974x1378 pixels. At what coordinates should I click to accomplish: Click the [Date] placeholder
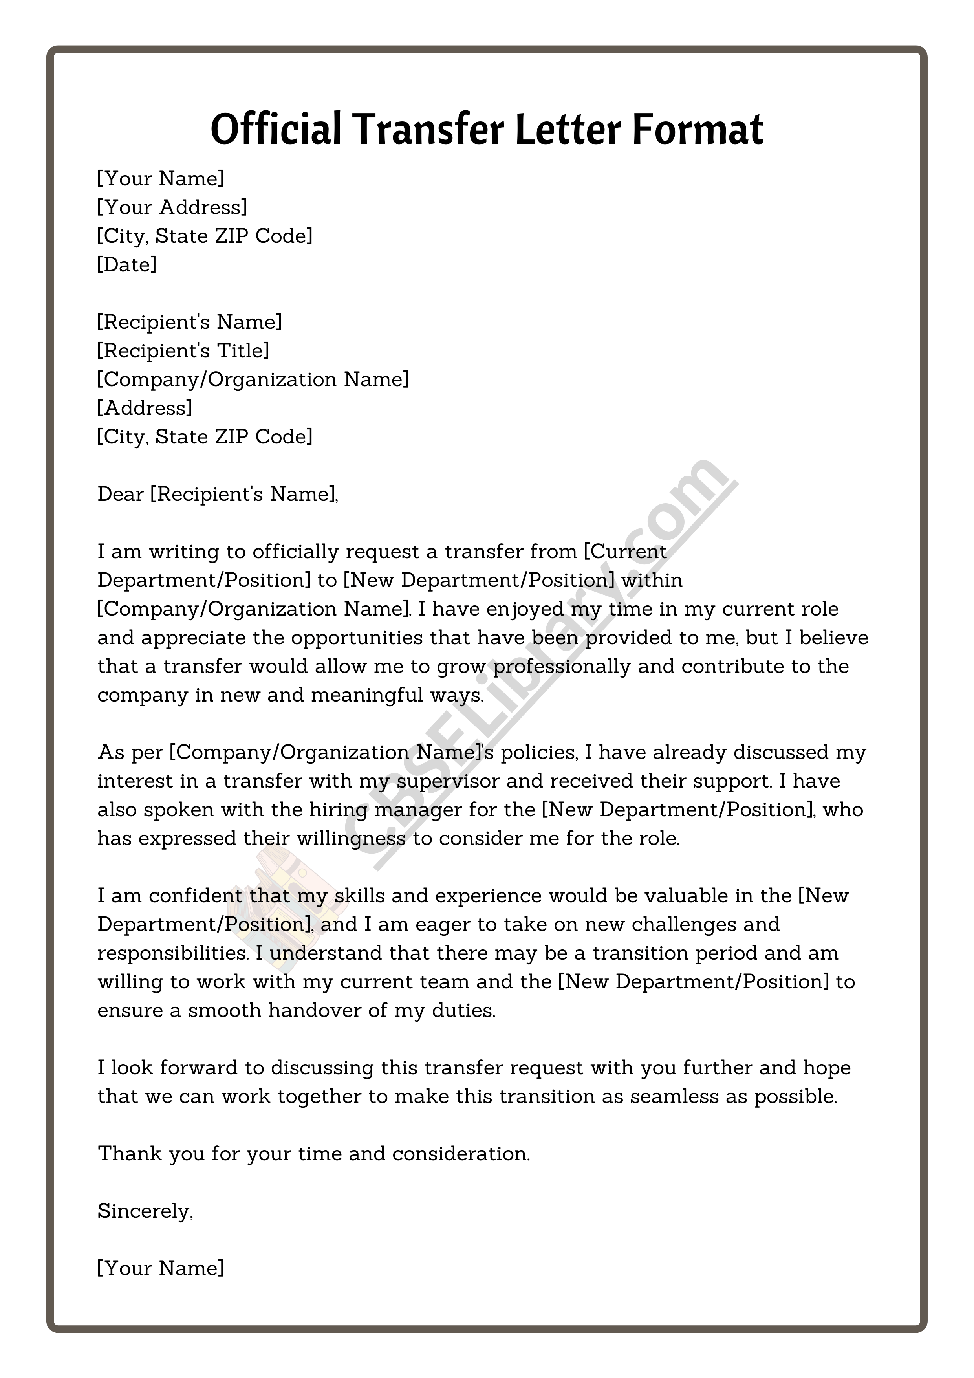126,265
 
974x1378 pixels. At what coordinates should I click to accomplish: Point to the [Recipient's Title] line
183,350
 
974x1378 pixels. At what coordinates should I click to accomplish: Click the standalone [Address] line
145,408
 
